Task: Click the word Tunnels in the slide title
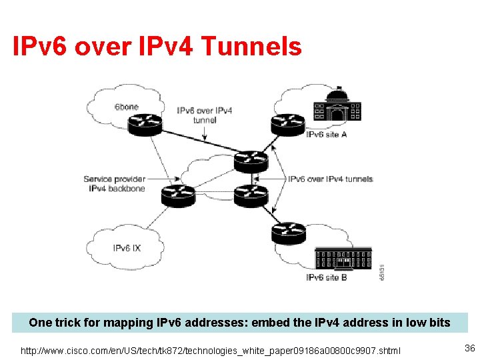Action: tap(251, 47)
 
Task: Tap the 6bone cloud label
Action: tap(126, 107)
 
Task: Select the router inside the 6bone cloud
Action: tap(145, 125)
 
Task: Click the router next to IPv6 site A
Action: tap(287, 125)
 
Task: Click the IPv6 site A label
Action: tap(327, 135)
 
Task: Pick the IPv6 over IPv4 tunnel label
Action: tap(205, 115)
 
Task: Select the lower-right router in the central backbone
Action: tap(251, 195)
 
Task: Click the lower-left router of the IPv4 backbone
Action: tap(178, 196)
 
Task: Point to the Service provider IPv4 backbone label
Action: tap(114, 184)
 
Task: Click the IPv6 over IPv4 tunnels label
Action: tap(330, 179)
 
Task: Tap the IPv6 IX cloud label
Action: tap(127, 249)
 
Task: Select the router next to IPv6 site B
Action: tap(288, 233)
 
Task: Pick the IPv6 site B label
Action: tap(326, 277)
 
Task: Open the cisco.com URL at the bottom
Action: tap(211, 350)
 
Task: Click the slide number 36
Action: tap(469, 348)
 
